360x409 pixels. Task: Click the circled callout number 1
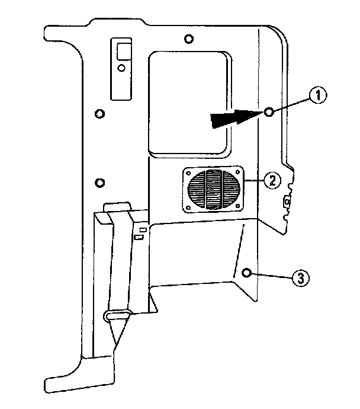[x=318, y=95]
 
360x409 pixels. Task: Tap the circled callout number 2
[x=271, y=180]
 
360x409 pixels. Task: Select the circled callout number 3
[x=300, y=278]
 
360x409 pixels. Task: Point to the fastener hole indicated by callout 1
[x=269, y=113]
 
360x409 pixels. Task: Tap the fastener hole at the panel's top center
[x=188, y=40]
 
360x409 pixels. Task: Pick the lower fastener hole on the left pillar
[x=99, y=181]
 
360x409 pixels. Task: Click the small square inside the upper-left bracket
[x=123, y=51]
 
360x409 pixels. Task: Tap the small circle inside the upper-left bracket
[x=121, y=68]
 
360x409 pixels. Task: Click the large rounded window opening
[x=189, y=101]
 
